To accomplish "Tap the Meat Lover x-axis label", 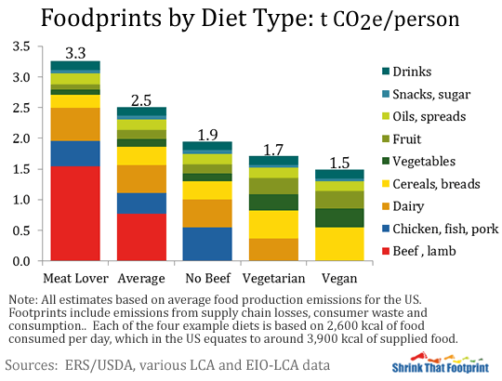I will [x=75, y=278].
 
